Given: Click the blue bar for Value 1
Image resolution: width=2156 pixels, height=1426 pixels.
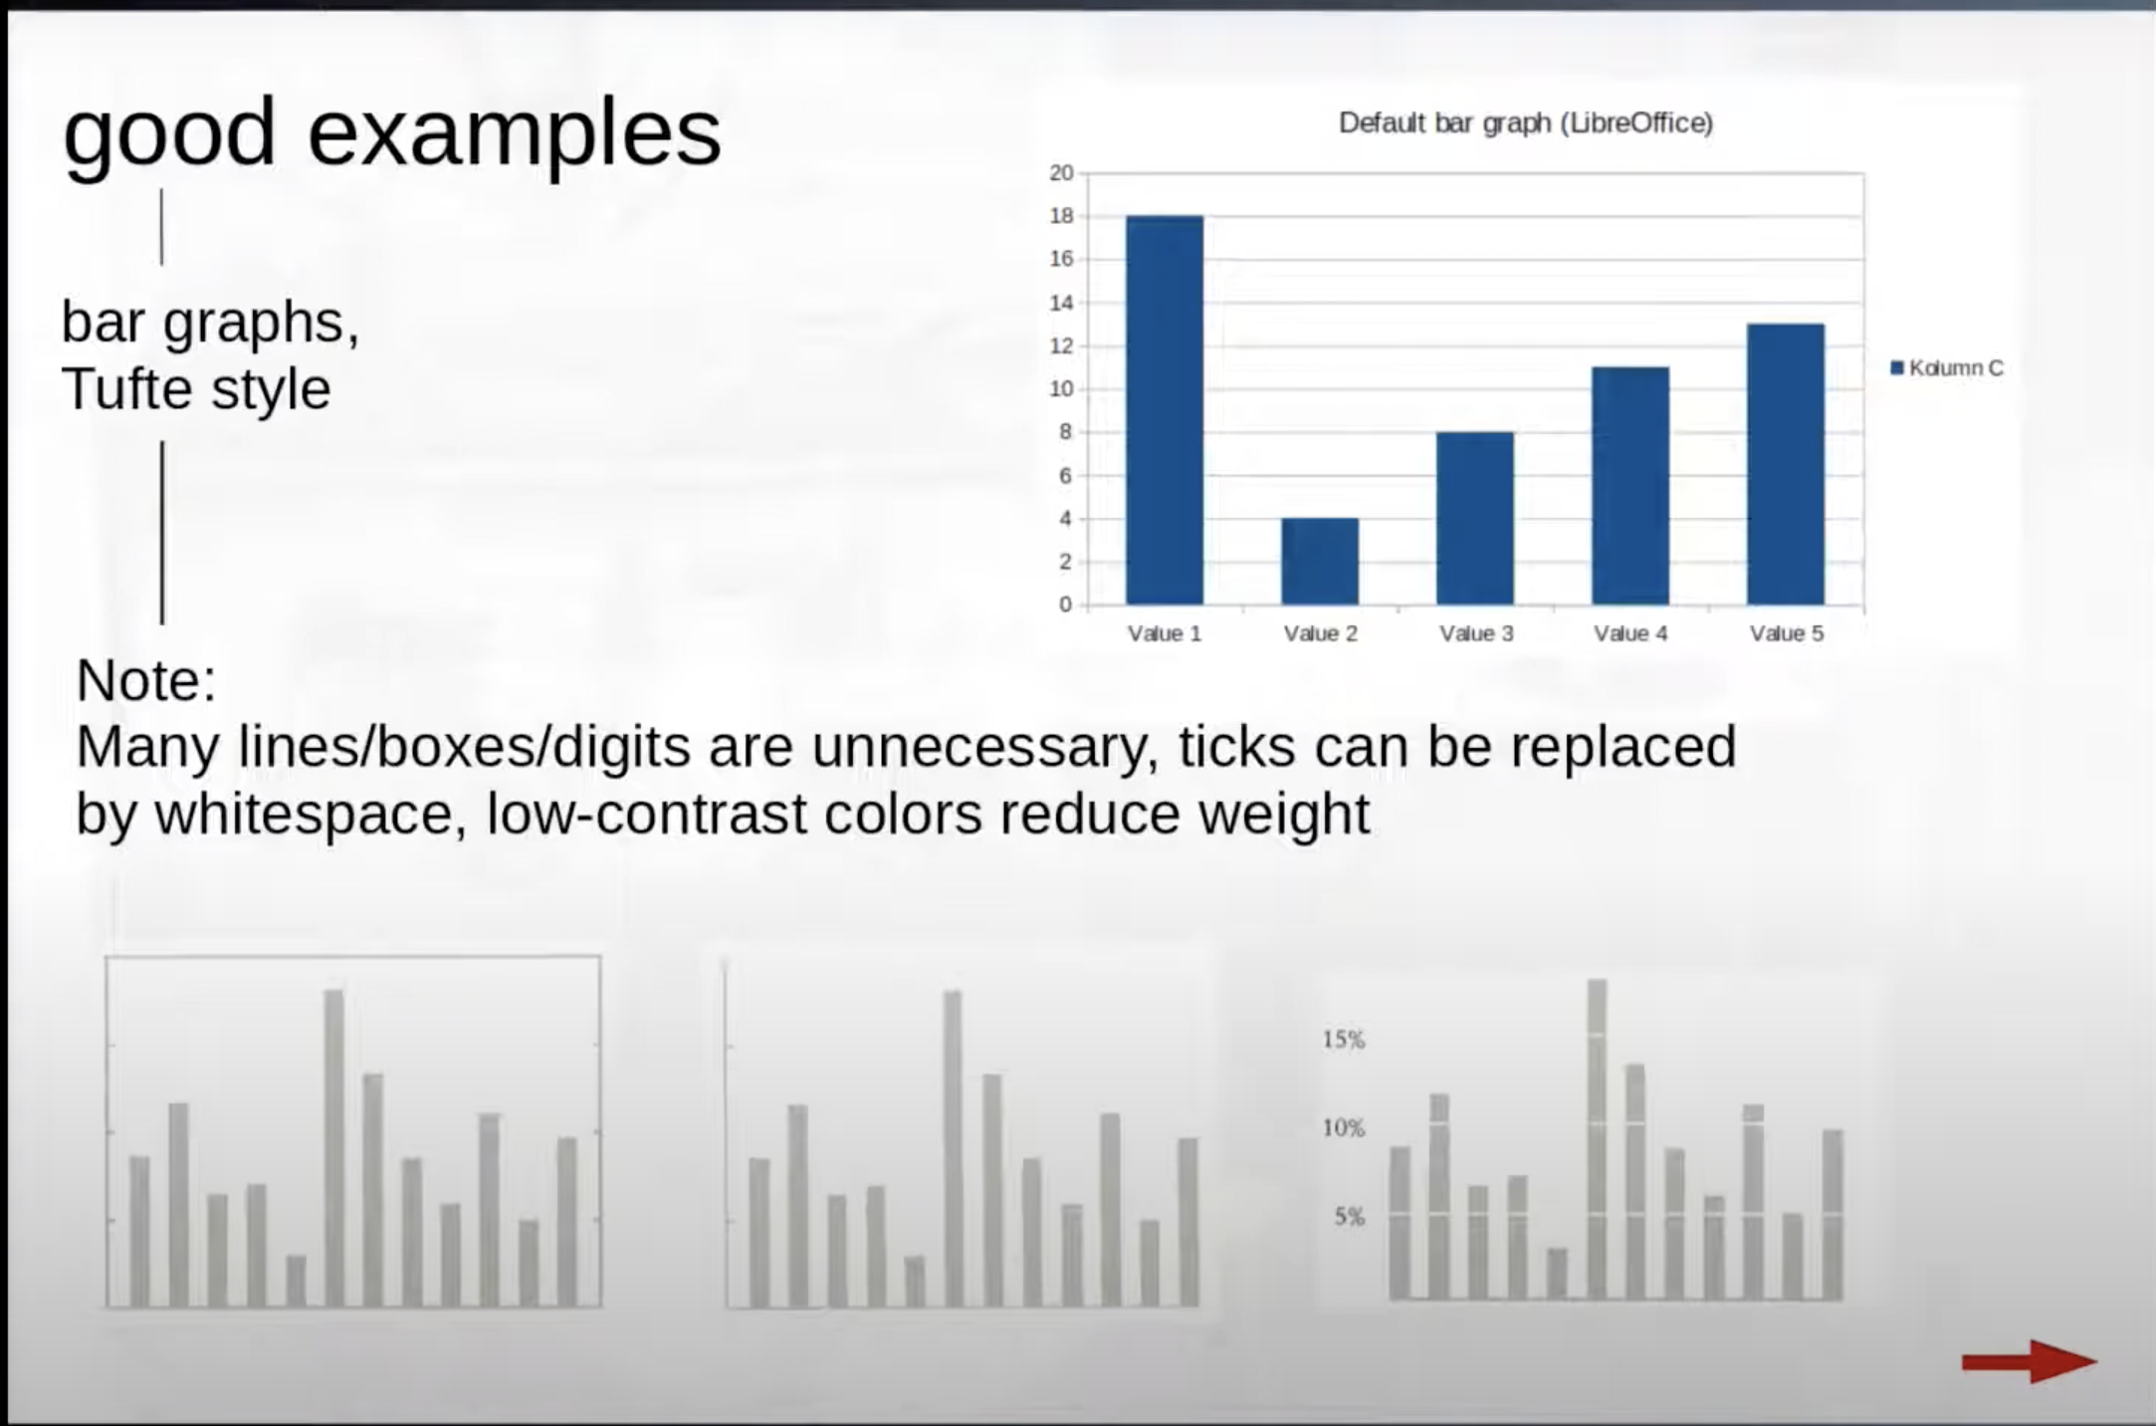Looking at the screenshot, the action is (x=1164, y=410).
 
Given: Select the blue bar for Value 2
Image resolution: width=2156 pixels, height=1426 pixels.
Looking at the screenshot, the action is (x=1319, y=562).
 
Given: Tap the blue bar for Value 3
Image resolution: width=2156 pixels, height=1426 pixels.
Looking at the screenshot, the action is (x=1474, y=518).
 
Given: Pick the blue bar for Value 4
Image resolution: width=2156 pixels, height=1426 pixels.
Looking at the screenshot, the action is (x=1630, y=486).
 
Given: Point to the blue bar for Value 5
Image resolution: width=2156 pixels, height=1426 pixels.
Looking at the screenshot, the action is (x=1786, y=464).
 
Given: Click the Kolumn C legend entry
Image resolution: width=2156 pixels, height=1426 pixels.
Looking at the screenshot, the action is (x=1947, y=368).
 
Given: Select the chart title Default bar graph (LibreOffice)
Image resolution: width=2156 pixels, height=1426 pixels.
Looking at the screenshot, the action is (x=1526, y=123).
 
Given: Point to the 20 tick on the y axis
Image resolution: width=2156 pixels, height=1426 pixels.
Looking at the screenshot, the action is (x=1061, y=173).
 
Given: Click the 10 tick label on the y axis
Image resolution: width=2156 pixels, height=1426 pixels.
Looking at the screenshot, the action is (x=1061, y=389).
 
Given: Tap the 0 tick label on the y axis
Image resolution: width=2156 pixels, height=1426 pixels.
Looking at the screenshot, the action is (x=1066, y=604).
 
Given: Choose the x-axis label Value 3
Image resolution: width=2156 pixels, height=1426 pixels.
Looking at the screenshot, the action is (x=1476, y=634).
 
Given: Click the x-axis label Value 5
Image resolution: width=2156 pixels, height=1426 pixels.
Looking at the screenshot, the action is (x=1787, y=634).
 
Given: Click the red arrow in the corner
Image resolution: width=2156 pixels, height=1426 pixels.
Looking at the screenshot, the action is (x=2029, y=1361).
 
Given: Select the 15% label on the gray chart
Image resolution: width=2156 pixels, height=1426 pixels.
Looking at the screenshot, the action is (x=1344, y=1041).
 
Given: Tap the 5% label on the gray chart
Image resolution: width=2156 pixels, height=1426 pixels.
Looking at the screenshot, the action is (x=1350, y=1217).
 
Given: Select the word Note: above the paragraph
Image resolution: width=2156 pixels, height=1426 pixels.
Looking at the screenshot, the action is (x=145, y=681).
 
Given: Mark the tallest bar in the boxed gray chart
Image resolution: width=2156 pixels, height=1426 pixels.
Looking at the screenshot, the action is (x=333, y=1147).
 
